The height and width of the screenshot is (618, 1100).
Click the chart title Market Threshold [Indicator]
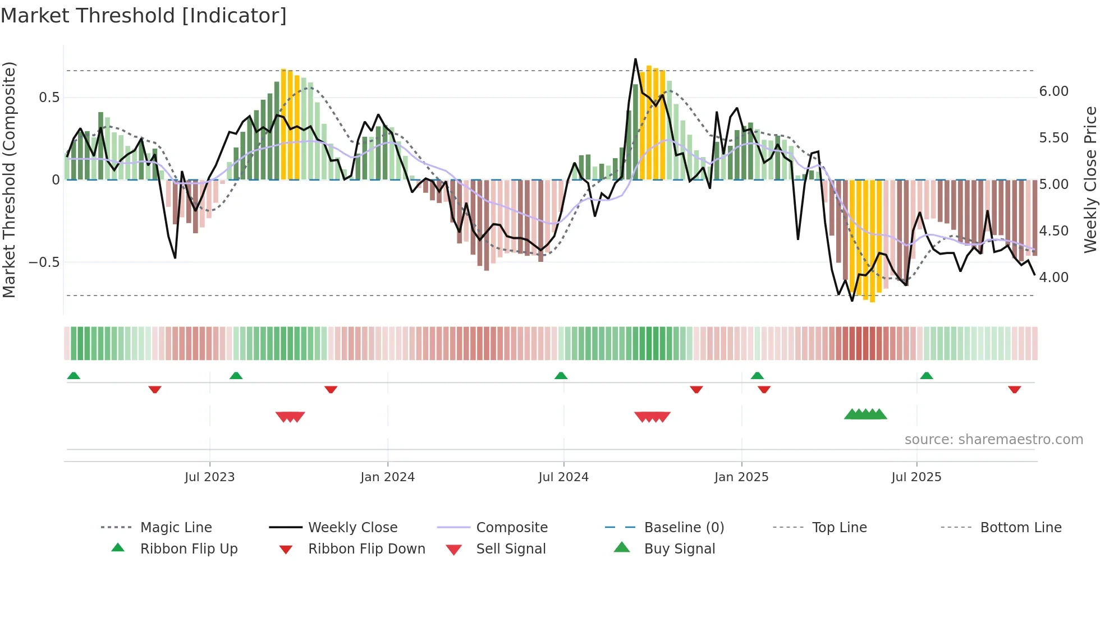144,16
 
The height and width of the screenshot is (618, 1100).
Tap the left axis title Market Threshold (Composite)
9,179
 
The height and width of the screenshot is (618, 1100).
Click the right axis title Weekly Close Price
1090,179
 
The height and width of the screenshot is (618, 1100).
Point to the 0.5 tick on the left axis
49,98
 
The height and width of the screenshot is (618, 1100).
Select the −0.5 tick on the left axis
44,262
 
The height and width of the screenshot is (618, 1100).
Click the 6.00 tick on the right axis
1053,91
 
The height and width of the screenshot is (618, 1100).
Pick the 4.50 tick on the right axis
1053,231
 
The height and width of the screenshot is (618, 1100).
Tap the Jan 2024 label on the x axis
387,477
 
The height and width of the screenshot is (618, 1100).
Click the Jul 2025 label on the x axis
916,477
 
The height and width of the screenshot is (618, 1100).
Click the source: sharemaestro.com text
993,440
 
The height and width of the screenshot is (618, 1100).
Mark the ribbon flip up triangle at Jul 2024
561,376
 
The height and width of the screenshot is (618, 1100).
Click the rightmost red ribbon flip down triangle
1014,390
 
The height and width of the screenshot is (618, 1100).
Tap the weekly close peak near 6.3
635,59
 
